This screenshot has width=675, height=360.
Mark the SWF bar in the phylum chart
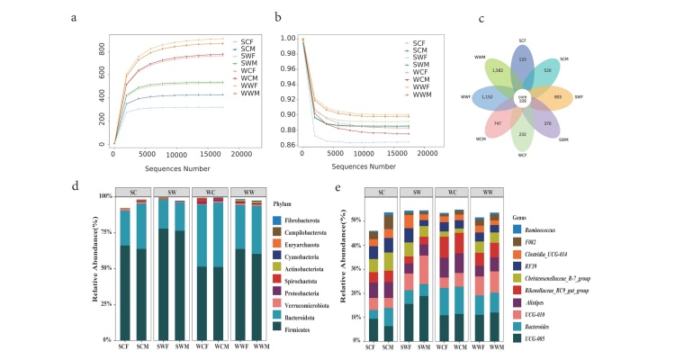click(164, 269)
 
